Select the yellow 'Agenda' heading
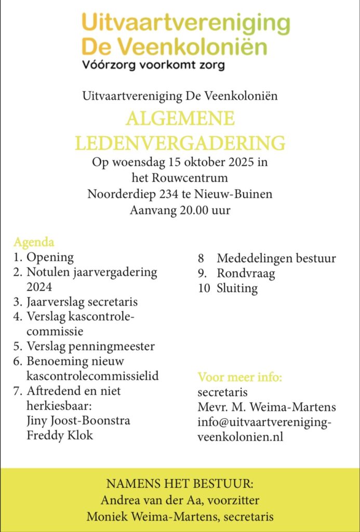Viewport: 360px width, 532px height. pyautogui.click(x=34, y=243)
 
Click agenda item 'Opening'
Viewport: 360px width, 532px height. pyautogui.click(x=50, y=257)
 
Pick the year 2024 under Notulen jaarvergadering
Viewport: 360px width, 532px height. pyautogui.click(x=39, y=286)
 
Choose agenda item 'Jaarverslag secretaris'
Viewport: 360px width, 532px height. pyautogui.click(x=82, y=301)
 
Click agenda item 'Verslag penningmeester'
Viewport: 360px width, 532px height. pyautogui.click(x=90, y=346)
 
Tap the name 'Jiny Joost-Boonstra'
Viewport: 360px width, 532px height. pyautogui.click(x=78, y=420)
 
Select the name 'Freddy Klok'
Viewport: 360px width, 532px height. pyautogui.click(x=60, y=435)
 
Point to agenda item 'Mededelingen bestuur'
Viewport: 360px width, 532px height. pyautogui.click(x=276, y=258)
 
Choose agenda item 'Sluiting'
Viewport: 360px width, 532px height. pyautogui.click(x=237, y=288)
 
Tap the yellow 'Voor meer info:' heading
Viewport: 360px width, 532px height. pyautogui.click(x=239, y=377)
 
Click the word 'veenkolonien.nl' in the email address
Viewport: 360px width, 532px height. pyautogui.click(x=240, y=437)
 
